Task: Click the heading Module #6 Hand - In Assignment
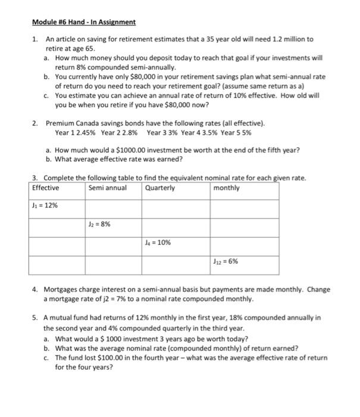point(84,22)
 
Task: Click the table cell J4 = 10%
point(157,243)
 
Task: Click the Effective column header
point(46,188)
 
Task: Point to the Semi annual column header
point(107,188)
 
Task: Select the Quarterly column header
point(160,188)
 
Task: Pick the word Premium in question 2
point(59,123)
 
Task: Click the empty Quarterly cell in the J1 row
point(176,206)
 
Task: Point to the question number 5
point(36,318)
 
